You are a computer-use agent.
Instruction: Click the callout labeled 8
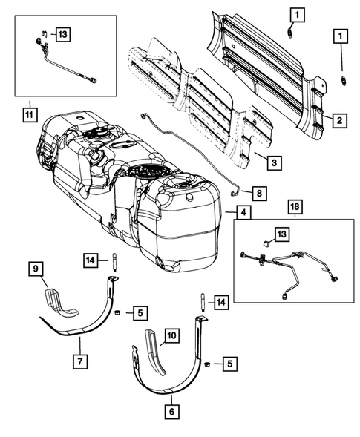click(258, 193)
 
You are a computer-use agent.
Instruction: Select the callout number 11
click(29, 114)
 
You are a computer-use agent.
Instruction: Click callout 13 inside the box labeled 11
click(61, 33)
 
